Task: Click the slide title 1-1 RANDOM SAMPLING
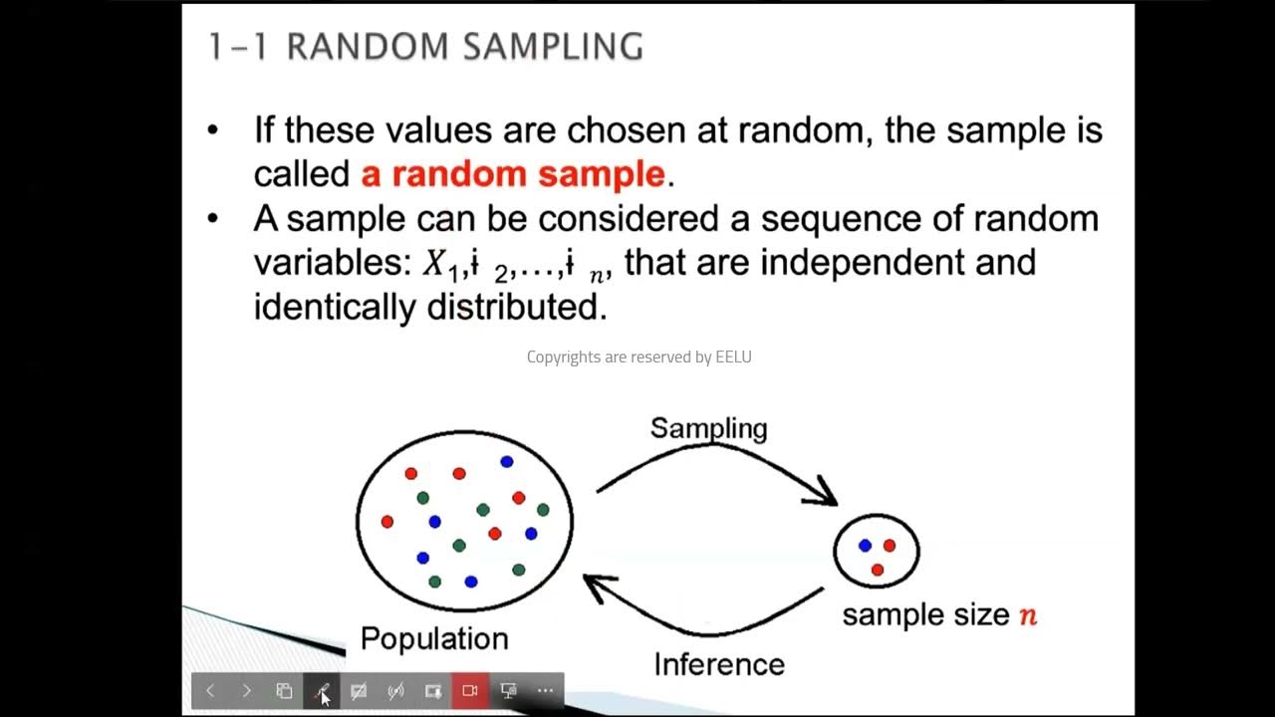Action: pos(425,47)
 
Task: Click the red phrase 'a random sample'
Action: pos(512,174)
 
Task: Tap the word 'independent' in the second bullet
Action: pos(866,262)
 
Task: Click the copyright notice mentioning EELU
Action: pos(638,357)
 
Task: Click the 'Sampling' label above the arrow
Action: pos(708,428)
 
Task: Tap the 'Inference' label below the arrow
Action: pos(718,664)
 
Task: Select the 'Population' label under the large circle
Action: pos(433,638)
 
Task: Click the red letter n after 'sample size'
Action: pos(1027,615)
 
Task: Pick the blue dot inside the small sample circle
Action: pos(865,546)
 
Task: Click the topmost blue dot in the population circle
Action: pos(506,461)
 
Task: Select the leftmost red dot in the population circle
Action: pos(387,521)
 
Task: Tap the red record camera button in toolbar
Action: pos(470,690)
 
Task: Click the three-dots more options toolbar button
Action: pos(545,690)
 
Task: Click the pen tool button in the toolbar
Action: pos(322,690)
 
